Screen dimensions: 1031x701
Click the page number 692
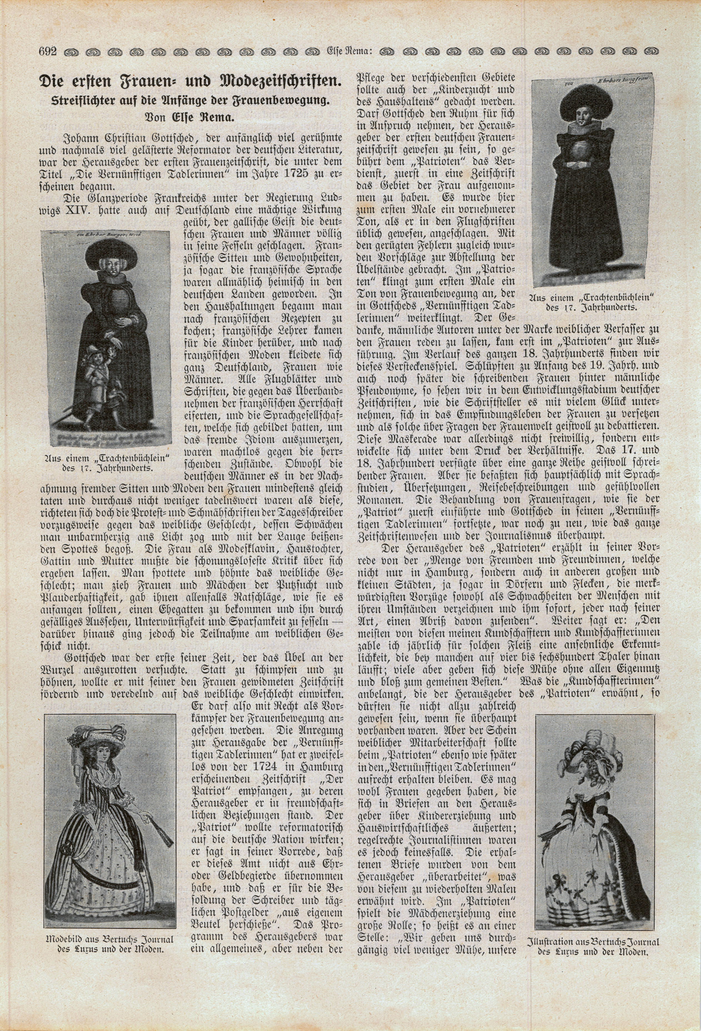tap(47, 52)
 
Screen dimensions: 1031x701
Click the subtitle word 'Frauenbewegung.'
tap(289, 101)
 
